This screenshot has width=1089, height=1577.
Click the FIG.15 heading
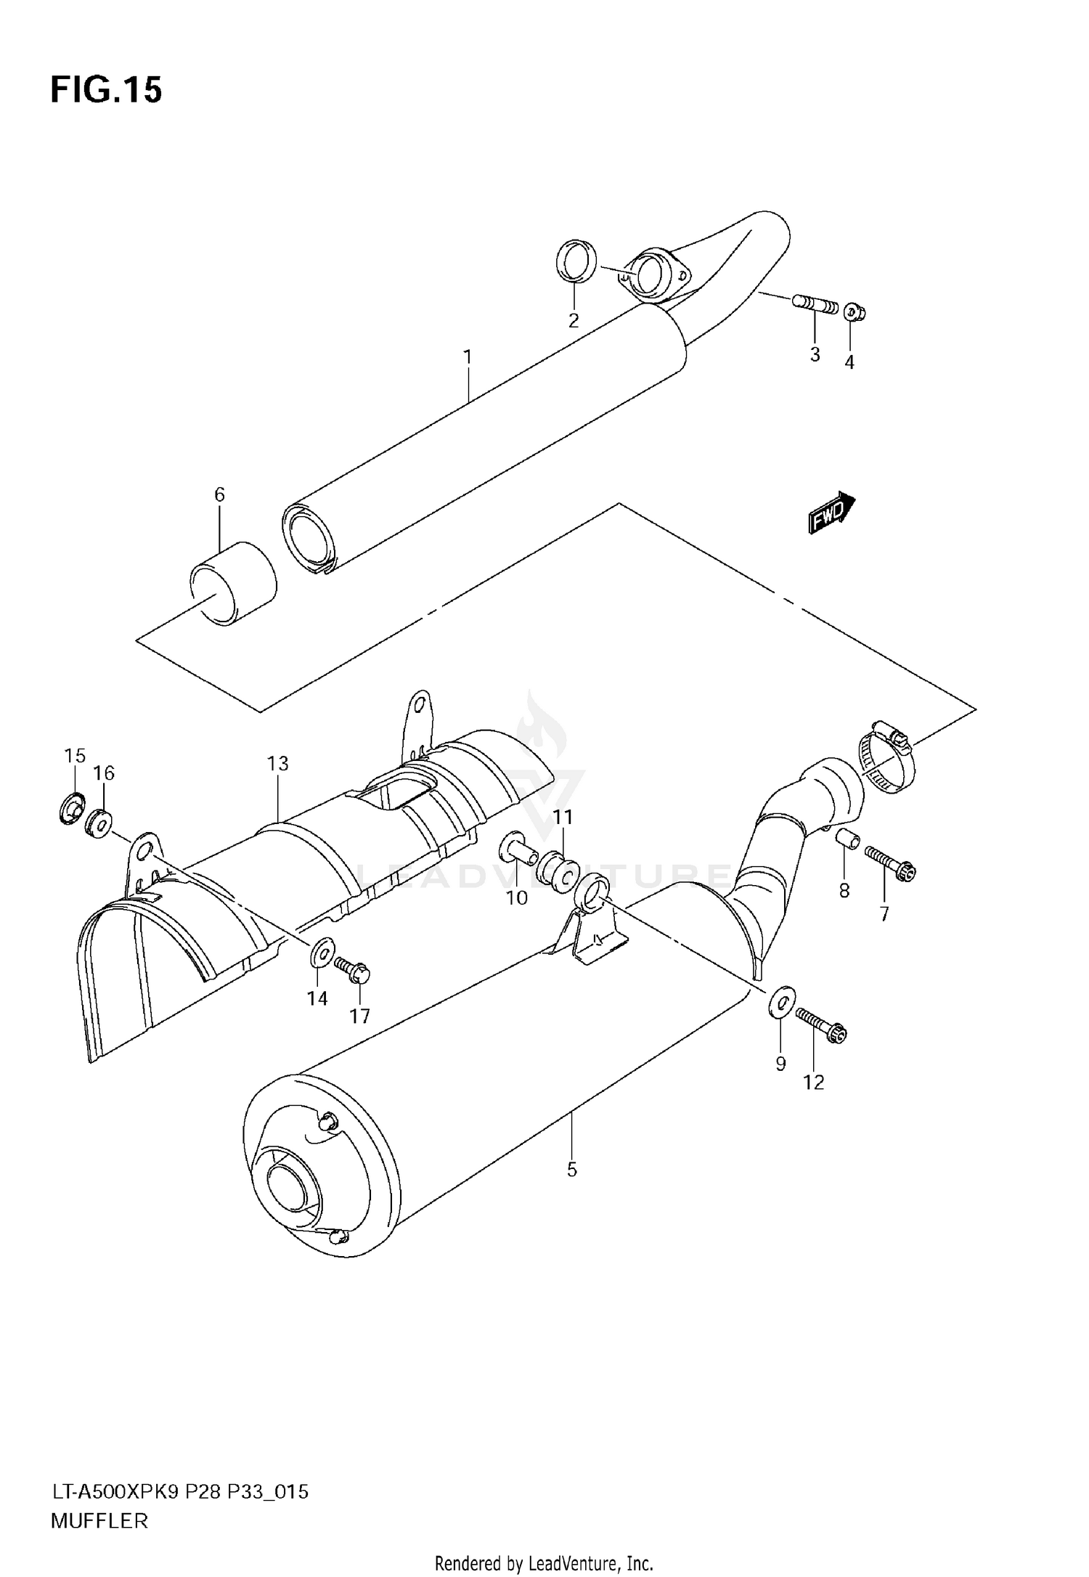(x=106, y=91)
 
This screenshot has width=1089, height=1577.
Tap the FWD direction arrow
(x=832, y=513)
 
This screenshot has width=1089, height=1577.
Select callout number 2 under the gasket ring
(x=574, y=321)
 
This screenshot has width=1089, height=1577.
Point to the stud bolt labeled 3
(x=815, y=303)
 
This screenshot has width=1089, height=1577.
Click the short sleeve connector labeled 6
(x=234, y=583)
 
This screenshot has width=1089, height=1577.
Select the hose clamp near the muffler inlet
(x=886, y=759)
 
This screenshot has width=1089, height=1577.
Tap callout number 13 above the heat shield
(x=277, y=763)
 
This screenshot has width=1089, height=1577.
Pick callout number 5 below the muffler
(x=572, y=1170)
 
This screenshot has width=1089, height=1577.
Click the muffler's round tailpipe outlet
(x=293, y=1189)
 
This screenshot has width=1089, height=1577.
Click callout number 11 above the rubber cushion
(x=563, y=818)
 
